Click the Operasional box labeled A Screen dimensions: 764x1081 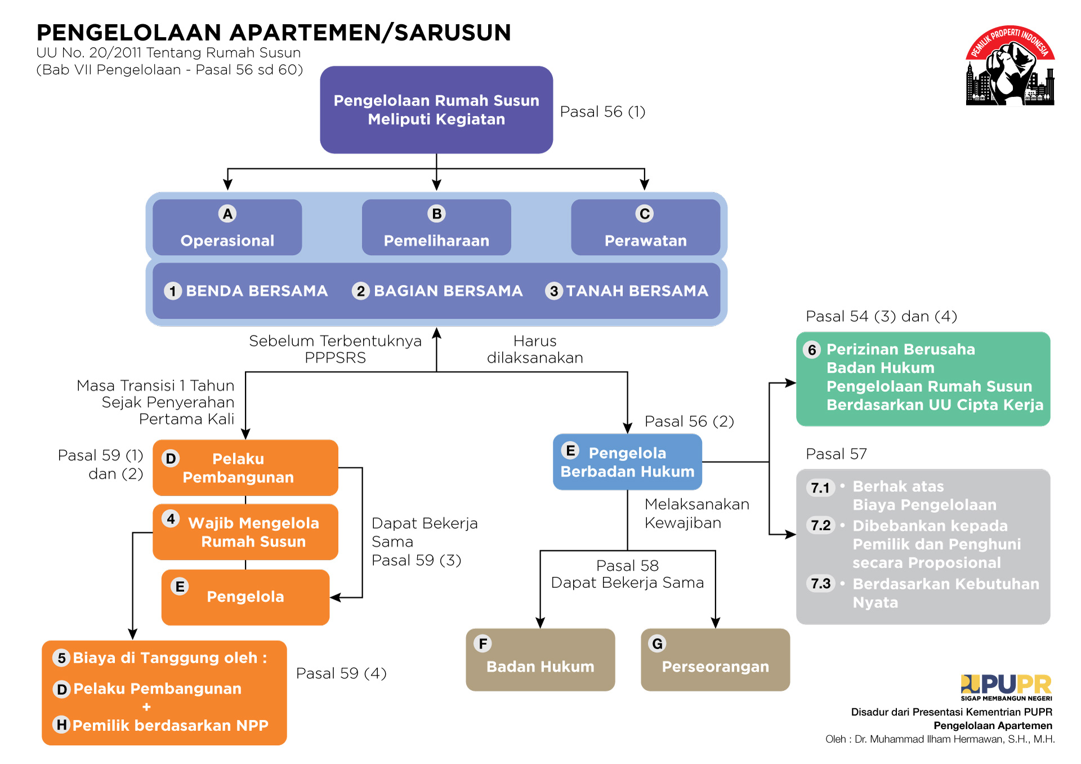(x=227, y=228)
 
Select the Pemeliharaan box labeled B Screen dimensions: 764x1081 (x=436, y=228)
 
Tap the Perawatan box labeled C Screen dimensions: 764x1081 (x=645, y=228)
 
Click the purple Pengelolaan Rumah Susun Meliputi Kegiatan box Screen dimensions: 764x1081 (x=436, y=110)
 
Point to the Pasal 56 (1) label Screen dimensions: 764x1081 (x=602, y=112)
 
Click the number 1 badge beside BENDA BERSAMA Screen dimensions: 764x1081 (x=173, y=291)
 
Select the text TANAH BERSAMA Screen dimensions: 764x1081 (x=637, y=291)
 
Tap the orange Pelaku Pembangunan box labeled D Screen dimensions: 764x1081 (x=245, y=468)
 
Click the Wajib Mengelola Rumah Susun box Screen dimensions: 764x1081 (x=245, y=532)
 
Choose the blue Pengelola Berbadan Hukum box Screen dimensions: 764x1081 (x=627, y=462)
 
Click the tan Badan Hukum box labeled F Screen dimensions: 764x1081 (x=540, y=660)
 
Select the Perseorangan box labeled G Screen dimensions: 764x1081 (x=715, y=660)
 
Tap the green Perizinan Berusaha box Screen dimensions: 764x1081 (x=923, y=378)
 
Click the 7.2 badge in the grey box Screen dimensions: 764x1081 (x=820, y=526)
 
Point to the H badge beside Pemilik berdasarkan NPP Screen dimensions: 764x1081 (x=61, y=725)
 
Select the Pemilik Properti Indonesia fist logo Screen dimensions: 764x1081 (x=1010, y=66)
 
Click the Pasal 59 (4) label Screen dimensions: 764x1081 (x=341, y=673)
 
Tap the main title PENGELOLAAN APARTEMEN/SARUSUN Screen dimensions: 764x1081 (x=274, y=33)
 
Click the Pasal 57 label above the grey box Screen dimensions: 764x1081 (x=836, y=454)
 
